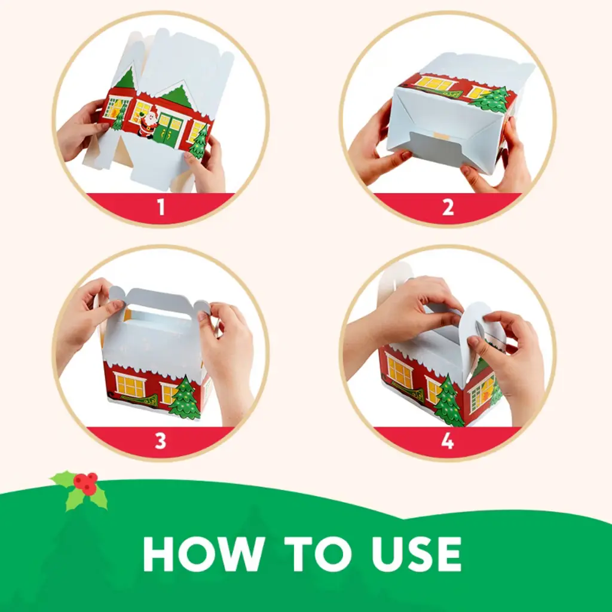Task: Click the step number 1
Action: pyautogui.click(x=161, y=207)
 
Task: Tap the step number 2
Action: pyautogui.click(x=448, y=207)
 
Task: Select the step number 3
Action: pyautogui.click(x=161, y=440)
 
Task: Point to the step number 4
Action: pyautogui.click(x=448, y=440)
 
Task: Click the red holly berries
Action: pyautogui.click(x=85, y=482)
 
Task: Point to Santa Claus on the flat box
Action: pyautogui.click(x=148, y=122)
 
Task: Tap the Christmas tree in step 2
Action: pyautogui.click(x=490, y=100)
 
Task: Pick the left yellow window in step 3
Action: pyautogui.click(x=130, y=384)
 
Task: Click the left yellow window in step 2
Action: pyautogui.click(x=435, y=83)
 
